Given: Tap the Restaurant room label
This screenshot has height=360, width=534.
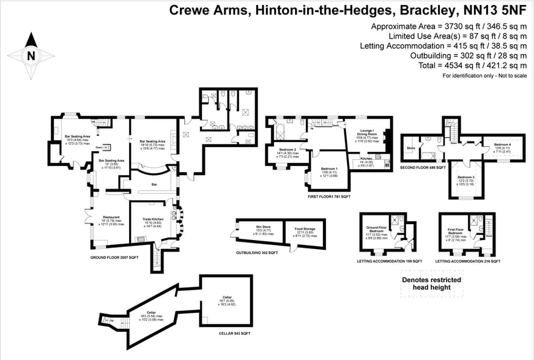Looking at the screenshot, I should pyautogui.click(x=111, y=217).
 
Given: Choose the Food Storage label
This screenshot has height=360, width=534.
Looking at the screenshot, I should pyautogui.click(x=304, y=228).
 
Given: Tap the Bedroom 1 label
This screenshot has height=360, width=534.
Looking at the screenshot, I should pyautogui.click(x=329, y=168).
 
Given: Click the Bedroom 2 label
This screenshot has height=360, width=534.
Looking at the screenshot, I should pyautogui.click(x=287, y=149).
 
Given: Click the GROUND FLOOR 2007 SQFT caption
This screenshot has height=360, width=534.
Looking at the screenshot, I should pyautogui.click(x=114, y=258).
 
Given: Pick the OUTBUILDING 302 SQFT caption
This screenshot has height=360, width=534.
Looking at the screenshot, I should pyautogui.click(x=257, y=252).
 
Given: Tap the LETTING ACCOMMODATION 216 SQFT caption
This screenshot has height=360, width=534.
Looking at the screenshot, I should pyautogui.click(x=469, y=261).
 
